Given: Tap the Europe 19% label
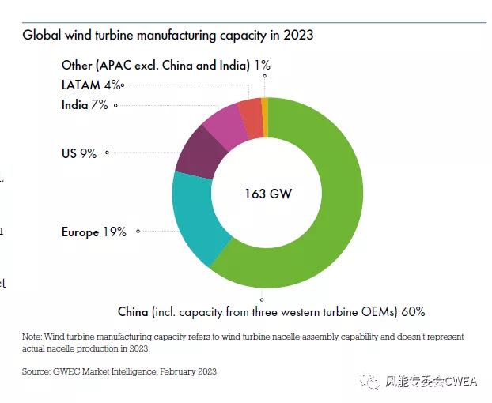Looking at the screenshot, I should coord(93,232).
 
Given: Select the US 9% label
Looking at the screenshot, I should coord(79,153).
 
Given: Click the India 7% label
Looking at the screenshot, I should coord(85,104).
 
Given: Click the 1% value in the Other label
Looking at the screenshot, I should coord(263,66).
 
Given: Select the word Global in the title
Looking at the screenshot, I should coord(42,36).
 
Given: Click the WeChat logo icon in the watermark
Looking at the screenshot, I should coord(369,382).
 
